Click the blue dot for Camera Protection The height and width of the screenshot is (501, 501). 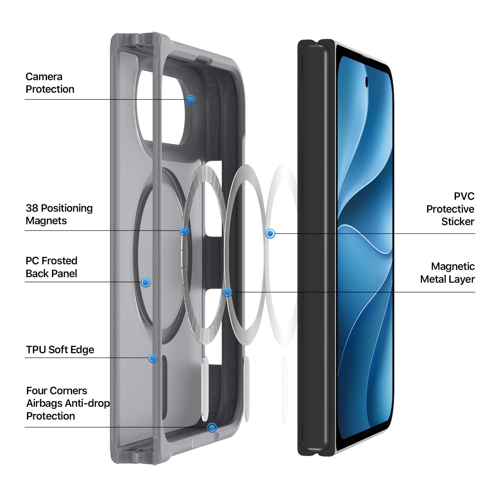coord(191,100)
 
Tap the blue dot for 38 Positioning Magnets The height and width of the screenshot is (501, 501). coord(184,231)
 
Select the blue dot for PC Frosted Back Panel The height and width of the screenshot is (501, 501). coord(145,282)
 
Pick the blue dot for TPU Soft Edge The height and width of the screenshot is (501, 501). coord(153,358)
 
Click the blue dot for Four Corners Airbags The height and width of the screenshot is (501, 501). coord(212,427)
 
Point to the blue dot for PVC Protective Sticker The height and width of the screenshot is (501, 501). coord(270,234)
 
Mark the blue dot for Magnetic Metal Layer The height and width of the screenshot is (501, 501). coord(227,292)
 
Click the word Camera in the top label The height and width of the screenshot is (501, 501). coord(44,77)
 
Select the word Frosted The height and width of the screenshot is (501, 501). coord(59,261)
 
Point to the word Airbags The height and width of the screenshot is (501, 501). coord(40,404)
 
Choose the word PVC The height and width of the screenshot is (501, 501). coord(464,196)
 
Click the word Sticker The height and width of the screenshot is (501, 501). coord(458,222)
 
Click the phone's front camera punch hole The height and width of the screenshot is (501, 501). coord(367,82)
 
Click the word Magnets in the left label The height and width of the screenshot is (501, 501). coord(46,221)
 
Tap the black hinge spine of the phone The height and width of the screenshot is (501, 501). coord(316,247)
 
